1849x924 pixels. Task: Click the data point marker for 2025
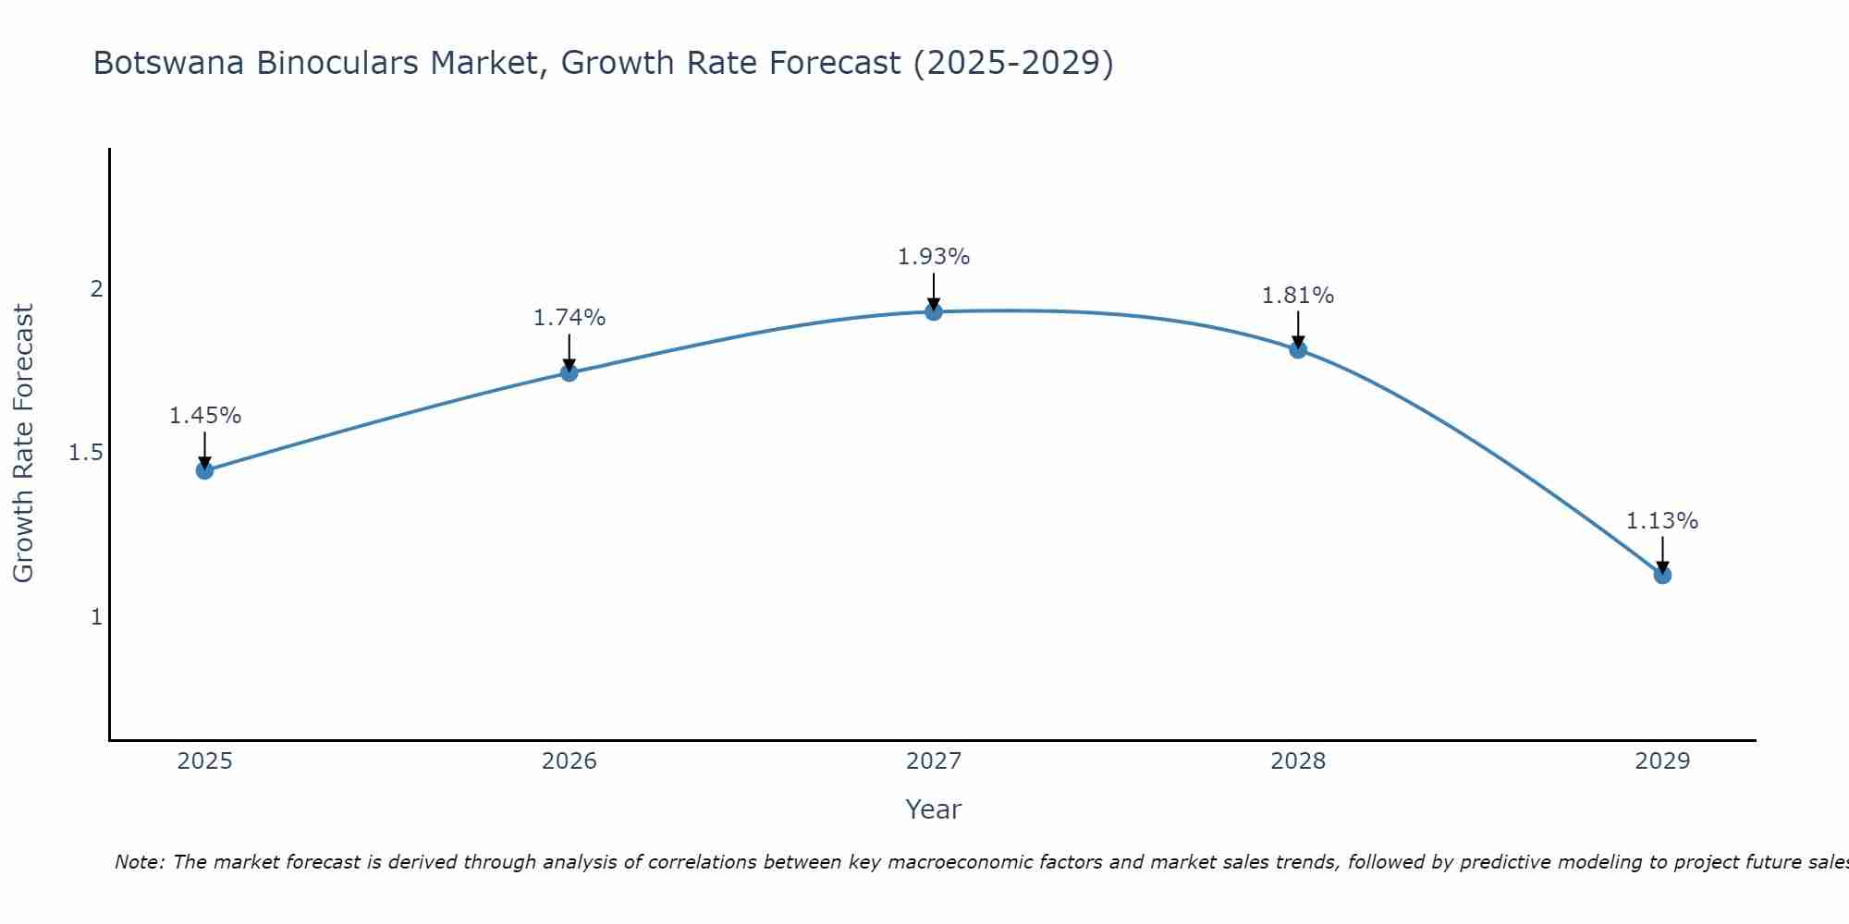tap(205, 470)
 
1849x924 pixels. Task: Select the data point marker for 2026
tap(569, 372)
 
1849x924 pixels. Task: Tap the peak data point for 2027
tap(934, 311)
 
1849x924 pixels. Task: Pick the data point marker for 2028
tap(1298, 349)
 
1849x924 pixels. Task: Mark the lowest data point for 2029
tap(1662, 575)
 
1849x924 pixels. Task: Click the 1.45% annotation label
tap(205, 416)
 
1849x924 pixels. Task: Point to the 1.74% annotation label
tap(569, 318)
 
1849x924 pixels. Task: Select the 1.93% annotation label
tap(934, 257)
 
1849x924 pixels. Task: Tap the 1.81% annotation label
tap(1298, 296)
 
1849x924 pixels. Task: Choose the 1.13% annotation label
tap(1662, 521)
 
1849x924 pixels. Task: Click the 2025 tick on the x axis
tap(205, 761)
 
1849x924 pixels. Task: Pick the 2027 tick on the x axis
tap(934, 761)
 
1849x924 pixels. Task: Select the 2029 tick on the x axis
tap(1662, 761)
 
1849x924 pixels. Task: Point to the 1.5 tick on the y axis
tap(85, 453)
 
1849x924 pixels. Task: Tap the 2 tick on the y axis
tap(96, 289)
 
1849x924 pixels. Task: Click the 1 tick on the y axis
tap(96, 616)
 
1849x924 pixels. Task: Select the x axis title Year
tap(934, 809)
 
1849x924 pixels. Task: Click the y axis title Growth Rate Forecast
tap(23, 444)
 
